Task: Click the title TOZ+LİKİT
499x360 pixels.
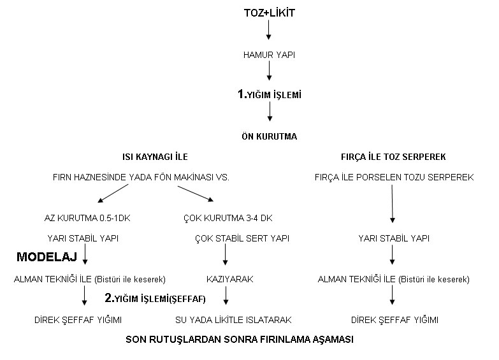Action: [269, 13]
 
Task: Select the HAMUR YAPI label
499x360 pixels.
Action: [269, 55]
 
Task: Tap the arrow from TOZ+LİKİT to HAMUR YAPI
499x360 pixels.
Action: [268, 31]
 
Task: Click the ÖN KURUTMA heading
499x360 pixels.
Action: [269, 136]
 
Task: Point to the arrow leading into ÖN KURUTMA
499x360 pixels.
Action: [270, 112]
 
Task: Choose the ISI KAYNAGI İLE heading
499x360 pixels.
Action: [155, 157]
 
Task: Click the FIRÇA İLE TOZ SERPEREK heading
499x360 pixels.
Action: [393, 157]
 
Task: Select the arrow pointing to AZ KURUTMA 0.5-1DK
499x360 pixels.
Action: [113, 193]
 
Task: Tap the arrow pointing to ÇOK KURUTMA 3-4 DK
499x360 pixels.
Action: [196, 194]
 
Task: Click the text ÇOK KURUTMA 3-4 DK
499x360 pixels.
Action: [228, 218]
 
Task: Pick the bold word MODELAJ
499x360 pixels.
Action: [47, 257]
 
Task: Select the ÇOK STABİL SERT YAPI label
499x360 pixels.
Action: [242, 238]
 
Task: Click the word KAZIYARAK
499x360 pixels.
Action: [230, 279]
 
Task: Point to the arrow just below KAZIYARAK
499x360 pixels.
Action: [226, 296]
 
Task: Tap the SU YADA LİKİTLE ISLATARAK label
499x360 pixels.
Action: [233, 320]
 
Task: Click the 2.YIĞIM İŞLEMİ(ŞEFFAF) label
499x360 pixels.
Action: [155, 298]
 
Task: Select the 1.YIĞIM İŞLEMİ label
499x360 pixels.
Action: [269, 94]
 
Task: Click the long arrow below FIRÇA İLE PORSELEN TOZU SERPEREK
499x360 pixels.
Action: [393, 204]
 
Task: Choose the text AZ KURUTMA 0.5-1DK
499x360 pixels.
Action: [87, 218]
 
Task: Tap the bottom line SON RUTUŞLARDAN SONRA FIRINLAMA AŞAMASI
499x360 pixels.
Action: [240, 340]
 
